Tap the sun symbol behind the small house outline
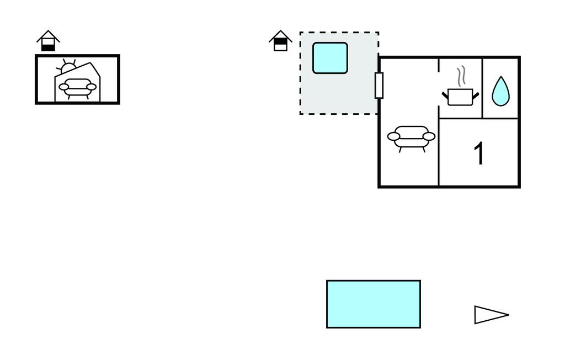click(x=68, y=67)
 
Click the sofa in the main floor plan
click(x=411, y=136)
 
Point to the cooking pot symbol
click(x=460, y=97)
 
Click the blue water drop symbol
click(x=500, y=92)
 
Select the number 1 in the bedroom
click(x=479, y=153)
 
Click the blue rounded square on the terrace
click(x=330, y=58)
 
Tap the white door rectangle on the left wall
click(x=379, y=85)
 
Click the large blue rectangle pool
click(x=374, y=304)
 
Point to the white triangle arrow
click(x=489, y=315)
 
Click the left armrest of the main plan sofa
click(x=394, y=136)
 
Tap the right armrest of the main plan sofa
click(x=429, y=136)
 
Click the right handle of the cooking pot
click(x=475, y=95)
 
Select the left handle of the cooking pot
click(x=445, y=95)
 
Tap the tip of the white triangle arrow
click(x=508, y=315)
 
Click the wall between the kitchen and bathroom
click(x=483, y=88)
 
